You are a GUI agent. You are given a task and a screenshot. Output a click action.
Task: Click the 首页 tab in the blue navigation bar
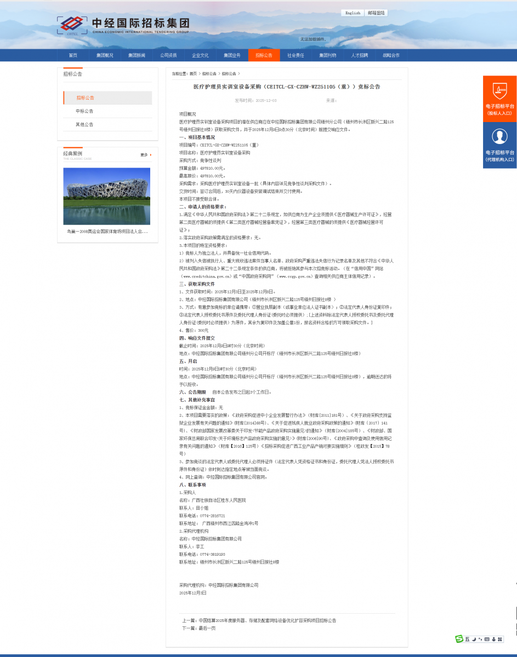73,55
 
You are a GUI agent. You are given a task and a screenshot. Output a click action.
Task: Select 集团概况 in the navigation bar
105,55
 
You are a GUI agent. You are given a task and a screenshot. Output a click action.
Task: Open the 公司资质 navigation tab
168,55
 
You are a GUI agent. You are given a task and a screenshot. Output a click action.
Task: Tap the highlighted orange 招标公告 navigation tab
264,55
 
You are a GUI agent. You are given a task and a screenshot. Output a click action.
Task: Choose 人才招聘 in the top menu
360,55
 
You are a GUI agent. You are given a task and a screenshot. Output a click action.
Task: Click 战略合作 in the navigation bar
391,55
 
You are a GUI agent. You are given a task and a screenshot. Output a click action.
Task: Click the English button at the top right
353,13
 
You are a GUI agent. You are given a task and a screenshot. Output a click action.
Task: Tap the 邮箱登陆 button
376,13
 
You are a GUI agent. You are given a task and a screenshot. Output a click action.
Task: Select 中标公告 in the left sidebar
84,111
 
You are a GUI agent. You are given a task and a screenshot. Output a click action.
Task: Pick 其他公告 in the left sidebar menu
84,125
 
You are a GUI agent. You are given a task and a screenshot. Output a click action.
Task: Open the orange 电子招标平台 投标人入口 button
499,99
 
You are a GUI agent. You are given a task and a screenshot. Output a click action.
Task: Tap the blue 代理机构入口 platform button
499,145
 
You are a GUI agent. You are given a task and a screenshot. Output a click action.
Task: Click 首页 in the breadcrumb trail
193,73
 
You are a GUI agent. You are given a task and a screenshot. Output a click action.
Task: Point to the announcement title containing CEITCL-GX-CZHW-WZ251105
286,87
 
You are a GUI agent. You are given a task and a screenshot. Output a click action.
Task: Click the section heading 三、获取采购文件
197,284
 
